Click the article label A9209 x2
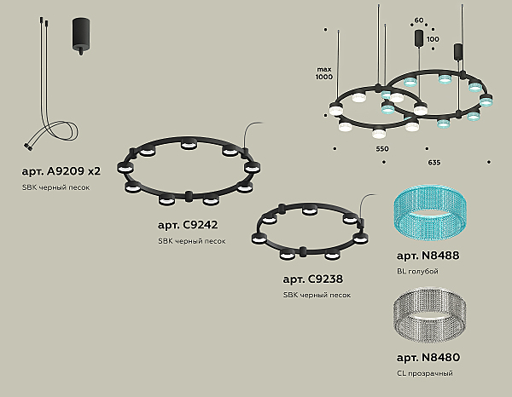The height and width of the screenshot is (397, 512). [x=61, y=171]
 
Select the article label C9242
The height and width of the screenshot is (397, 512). [x=188, y=225]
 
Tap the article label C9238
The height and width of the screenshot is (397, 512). [x=313, y=279]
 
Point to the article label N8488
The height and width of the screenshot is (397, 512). [x=428, y=256]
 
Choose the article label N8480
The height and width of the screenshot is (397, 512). [x=428, y=358]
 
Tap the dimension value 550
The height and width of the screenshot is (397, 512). [x=382, y=149]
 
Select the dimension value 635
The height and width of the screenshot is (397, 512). [x=434, y=163]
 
